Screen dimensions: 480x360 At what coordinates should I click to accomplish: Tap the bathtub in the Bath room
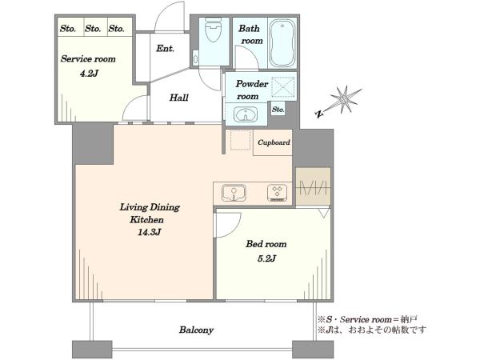click(x=282, y=43)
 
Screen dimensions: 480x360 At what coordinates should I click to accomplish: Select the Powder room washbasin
click(x=246, y=114)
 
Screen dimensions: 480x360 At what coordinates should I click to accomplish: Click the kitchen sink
click(x=234, y=192)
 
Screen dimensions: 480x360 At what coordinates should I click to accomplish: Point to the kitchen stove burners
click(x=277, y=193)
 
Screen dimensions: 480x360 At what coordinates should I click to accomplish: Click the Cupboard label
click(x=274, y=142)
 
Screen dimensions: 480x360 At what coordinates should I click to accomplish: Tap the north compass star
click(x=346, y=100)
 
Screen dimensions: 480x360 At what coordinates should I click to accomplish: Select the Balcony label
click(x=196, y=330)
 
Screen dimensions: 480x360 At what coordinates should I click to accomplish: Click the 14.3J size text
click(x=149, y=232)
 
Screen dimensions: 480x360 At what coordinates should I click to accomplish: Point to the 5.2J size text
click(x=266, y=258)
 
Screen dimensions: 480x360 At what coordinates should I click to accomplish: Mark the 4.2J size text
click(x=89, y=74)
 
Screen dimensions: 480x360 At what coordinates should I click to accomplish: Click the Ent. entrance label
click(x=166, y=48)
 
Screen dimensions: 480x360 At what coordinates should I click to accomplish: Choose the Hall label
click(x=179, y=98)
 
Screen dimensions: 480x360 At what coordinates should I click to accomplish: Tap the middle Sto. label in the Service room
click(x=93, y=29)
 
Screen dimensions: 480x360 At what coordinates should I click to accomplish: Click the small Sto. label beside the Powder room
click(x=278, y=110)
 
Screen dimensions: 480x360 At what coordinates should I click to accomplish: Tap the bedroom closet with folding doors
click(x=313, y=186)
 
